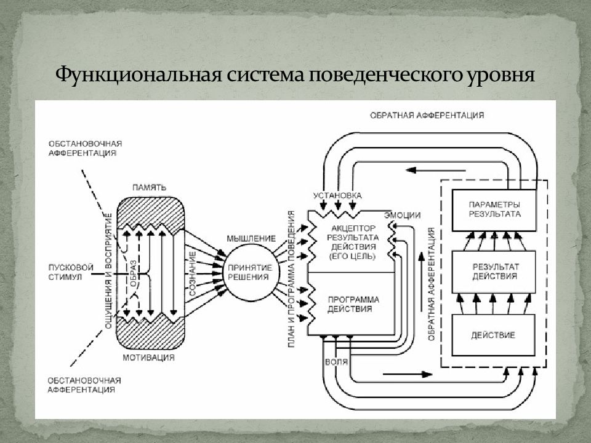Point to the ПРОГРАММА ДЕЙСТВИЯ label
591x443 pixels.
coord(353,305)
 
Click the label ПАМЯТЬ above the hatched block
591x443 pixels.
coord(149,188)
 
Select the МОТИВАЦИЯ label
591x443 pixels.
coord(148,357)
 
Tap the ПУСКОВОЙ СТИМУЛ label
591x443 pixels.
coord(71,272)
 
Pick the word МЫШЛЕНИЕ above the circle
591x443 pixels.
coord(251,239)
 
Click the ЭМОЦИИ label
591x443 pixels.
coord(402,215)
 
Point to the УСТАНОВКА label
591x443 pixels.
coord(337,195)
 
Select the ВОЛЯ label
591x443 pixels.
coord(336,362)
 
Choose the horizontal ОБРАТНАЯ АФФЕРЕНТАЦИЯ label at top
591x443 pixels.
coord(427,115)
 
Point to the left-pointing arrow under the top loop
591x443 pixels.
coord(435,170)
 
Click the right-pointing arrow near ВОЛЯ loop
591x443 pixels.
coord(408,375)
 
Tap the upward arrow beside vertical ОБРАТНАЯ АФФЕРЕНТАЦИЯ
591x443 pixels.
coord(422,282)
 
